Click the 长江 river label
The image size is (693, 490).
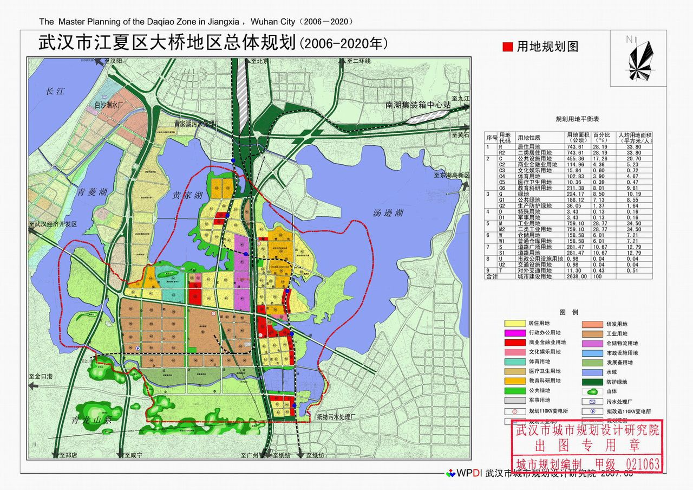pyautogui.click(x=55, y=91)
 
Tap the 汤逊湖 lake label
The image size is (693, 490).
pyautogui.click(x=388, y=213)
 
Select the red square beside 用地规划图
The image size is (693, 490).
pyautogui.click(x=507, y=47)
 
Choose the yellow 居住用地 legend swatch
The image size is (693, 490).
pyautogui.click(x=514, y=323)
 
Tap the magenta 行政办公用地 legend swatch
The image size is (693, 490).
pyautogui.click(x=514, y=333)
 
